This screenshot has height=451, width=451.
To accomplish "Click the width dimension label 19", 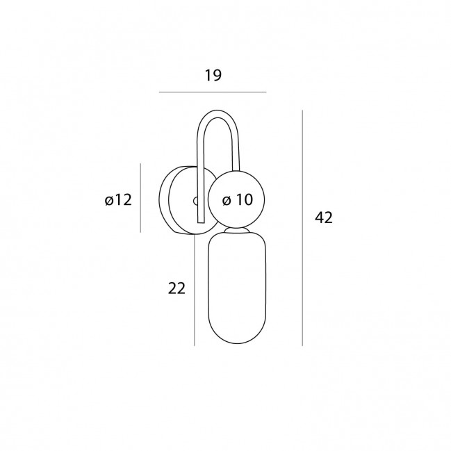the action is coord(213,75).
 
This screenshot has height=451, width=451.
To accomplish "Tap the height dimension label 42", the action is coord(324,218).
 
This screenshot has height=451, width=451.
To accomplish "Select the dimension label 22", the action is coord(177,288).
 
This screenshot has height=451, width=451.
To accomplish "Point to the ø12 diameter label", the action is coord(118,199).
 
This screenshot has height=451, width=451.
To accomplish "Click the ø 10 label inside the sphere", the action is coord(238,199).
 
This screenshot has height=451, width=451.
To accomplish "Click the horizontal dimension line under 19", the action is coord(213,92).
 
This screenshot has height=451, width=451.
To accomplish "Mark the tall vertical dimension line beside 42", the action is coord(302,228).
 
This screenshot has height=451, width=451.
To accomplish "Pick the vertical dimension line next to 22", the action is coord(195,290).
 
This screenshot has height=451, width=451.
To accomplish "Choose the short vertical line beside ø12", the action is coord(140,198).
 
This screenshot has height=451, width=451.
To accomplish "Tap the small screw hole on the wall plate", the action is coord(195,201).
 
